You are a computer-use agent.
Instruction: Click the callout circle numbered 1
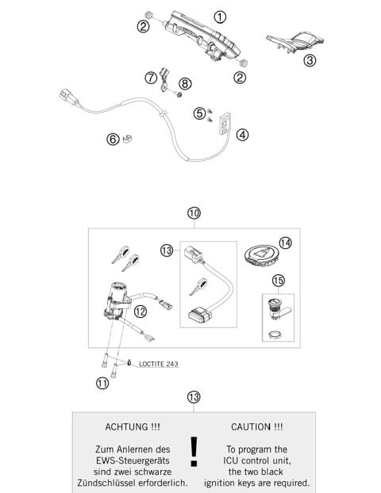(219, 16)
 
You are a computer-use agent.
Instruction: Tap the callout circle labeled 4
(242, 135)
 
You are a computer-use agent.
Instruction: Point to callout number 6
(113, 140)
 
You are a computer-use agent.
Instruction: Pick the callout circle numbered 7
(149, 78)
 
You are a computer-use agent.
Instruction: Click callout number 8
(185, 82)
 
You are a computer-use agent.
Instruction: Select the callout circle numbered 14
(283, 244)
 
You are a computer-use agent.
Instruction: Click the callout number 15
(278, 281)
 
